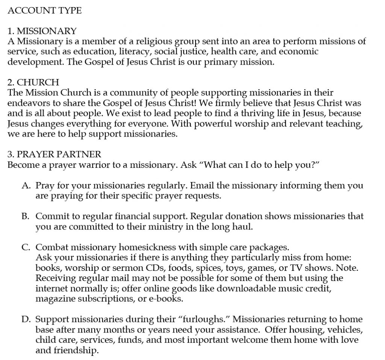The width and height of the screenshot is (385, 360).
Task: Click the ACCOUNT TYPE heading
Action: point(44,11)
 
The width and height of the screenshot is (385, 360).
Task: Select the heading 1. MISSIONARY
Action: point(42,31)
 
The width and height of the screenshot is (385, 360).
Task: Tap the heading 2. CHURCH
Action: point(33,82)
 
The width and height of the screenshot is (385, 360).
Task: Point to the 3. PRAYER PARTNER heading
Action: point(54,154)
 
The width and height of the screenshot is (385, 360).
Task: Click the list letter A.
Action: point(26,185)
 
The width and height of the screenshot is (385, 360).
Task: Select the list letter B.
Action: point(26,216)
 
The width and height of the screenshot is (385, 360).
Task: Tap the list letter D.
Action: point(26,319)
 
